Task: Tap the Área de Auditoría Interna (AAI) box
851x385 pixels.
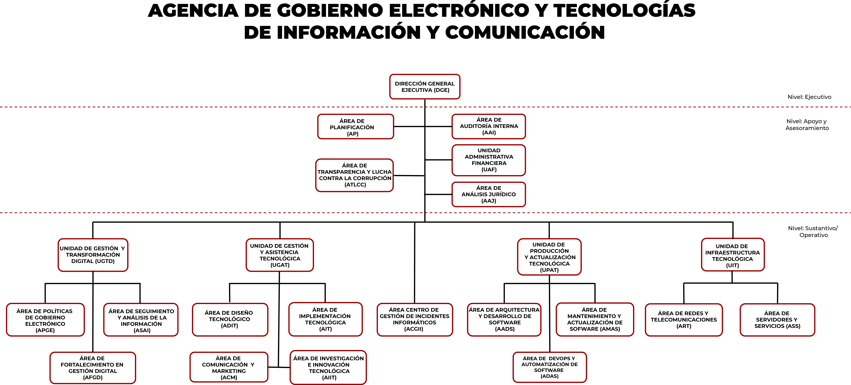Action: coord(489,126)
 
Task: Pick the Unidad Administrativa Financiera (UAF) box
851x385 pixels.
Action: coord(489,160)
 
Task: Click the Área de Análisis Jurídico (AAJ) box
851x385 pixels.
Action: coord(489,194)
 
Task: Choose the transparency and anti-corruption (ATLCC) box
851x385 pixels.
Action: coord(354,175)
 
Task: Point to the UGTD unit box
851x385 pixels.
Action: coord(93,255)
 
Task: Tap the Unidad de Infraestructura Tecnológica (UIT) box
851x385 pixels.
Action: coord(733,255)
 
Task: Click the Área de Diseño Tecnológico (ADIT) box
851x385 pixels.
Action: coord(230,320)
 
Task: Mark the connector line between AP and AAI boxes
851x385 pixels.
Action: coord(423,126)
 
